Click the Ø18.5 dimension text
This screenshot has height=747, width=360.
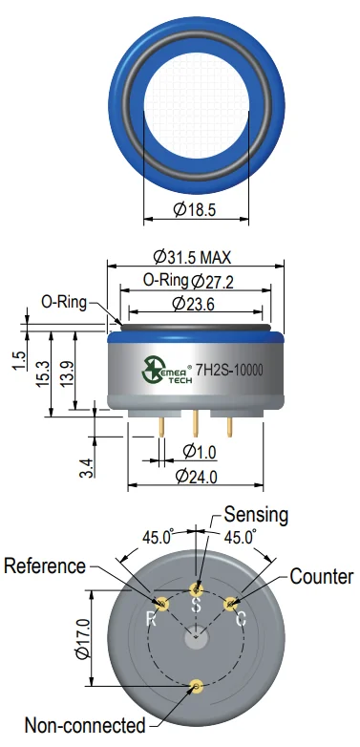(x=194, y=209)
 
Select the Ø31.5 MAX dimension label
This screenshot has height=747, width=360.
(x=192, y=257)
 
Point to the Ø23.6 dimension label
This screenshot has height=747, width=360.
(x=193, y=303)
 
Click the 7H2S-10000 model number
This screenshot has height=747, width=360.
(x=229, y=371)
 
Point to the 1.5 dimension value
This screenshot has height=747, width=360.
(x=19, y=361)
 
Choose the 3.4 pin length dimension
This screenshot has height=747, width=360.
(x=86, y=467)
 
